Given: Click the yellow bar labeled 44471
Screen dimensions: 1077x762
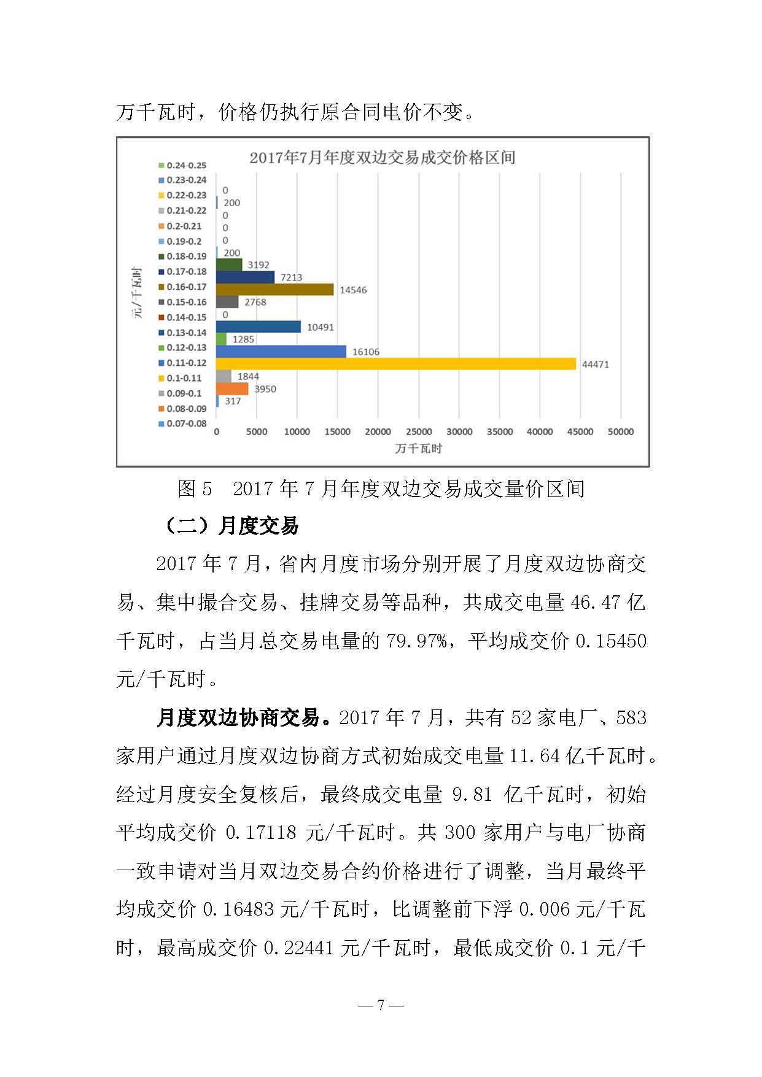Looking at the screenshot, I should pos(396,364).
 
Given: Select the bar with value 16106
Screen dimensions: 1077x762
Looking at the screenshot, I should pos(281,352).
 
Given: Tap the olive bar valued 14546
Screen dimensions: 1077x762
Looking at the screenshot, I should pos(275,290).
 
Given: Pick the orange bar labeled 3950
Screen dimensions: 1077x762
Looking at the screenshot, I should pos(233,388).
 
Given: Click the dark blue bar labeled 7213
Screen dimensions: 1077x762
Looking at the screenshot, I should pos(246,277).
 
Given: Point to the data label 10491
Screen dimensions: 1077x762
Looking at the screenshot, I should pos(321,327).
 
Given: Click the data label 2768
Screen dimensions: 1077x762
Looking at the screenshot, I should pos(255,302).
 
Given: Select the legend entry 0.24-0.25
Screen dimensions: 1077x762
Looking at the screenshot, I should pos(182,165).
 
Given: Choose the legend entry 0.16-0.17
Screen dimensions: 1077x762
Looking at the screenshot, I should pos(182,287).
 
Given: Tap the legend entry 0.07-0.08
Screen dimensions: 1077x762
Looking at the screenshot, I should pos(182,423).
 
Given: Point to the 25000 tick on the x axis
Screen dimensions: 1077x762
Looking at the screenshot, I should pos(419,432).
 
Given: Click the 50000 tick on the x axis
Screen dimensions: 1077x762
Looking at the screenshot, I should pos(620,432).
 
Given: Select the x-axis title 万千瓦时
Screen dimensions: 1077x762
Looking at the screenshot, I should pos(418,449).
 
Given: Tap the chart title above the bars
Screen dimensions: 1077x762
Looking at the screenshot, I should pos(382,158).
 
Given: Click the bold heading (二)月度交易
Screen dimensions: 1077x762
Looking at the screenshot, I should pos(231,526).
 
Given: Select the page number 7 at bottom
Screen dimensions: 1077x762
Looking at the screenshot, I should pos(381,1005).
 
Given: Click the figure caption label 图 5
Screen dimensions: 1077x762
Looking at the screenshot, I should pos(195,489).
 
